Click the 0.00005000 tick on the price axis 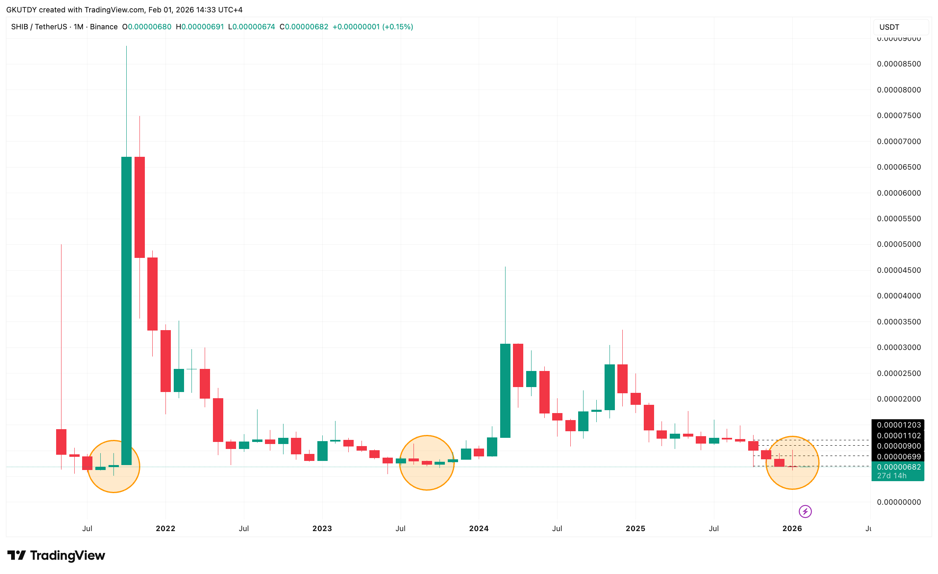898,244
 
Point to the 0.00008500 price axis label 898,64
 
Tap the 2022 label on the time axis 165,529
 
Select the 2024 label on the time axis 479,529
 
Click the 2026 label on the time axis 792,529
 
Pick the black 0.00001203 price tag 898,425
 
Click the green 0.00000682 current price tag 898,467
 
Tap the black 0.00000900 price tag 898,446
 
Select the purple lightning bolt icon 805,512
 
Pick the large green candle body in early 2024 505,390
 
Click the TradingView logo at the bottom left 57,555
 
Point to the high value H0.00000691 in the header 200,27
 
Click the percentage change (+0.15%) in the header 397,27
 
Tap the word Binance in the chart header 104,27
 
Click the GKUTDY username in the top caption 21,9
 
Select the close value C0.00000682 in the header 304,27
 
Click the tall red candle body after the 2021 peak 139,207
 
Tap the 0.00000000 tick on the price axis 898,502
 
